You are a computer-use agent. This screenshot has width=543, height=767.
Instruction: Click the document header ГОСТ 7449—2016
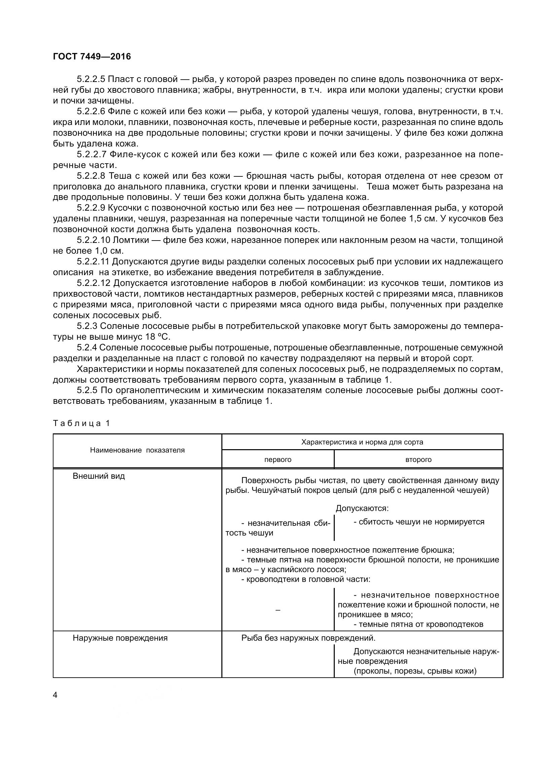(x=92, y=57)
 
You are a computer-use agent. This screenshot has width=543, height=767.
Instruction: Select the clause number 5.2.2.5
(x=91, y=79)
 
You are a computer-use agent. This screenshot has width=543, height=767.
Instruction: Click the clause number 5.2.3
(x=87, y=326)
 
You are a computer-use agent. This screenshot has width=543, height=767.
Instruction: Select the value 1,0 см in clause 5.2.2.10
(x=108, y=251)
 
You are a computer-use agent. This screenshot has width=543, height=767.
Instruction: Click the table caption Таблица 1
(x=81, y=423)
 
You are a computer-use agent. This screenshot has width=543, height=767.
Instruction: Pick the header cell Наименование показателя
(x=137, y=450)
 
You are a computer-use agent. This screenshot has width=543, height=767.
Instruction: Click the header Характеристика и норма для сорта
(x=362, y=442)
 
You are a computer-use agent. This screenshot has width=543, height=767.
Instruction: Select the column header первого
(x=278, y=459)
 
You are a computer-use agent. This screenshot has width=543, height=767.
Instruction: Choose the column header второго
(x=419, y=459)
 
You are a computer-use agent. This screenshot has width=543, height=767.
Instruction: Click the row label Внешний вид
(x=99, y=476)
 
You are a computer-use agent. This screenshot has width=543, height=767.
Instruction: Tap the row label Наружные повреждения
(x=120, y=638)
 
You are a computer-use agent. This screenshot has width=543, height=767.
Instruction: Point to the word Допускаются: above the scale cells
(x=362, y=508)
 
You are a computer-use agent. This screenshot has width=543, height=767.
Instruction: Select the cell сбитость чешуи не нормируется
(x=419, y=522)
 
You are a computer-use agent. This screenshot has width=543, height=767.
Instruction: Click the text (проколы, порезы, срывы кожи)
(x=415, y=671)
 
